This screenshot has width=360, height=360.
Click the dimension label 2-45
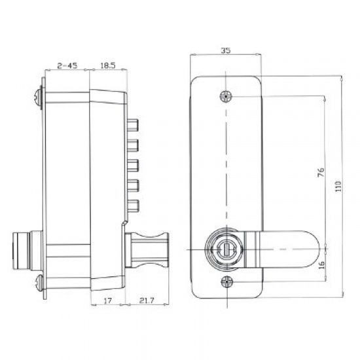pyautogui.click(x=67, y=65)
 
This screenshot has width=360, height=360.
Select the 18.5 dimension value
pyautogui.click(x=108, y=65)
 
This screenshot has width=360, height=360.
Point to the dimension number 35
pyautogui.click(x=225, y=50)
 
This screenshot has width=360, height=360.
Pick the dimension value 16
pyautogui.click(x=320, y=265)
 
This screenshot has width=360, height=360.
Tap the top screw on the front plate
pyautogui.click(x=226, y=96)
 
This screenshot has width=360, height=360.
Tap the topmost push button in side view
pyautogui.click(x=134, y=125)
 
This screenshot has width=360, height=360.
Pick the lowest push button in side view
pyautogui.click(x=134, y=204)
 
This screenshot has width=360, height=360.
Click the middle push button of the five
pyautogui.click(x=134, y=164)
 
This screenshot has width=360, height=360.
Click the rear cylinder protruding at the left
pyautogui.click(x=24, y=249)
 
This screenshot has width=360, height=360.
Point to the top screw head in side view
pyautogui.click(x=38, y=98)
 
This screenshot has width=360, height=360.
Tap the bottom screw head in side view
pyautogui.click(x=38, y=282)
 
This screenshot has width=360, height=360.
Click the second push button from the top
pyautogui.click(x=134, y=145)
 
